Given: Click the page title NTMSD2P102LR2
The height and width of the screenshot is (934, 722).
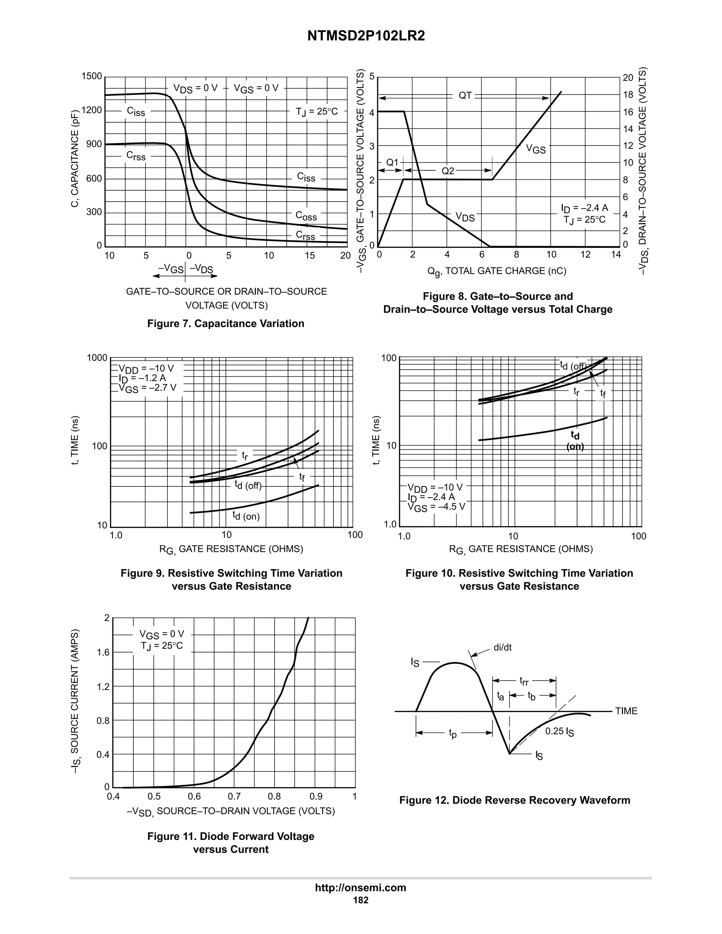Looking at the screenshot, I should click(x=366, y=36).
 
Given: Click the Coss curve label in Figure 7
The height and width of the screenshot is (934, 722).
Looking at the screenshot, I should click(x=306, y=216).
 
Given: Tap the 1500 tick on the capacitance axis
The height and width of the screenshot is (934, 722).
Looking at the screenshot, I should click(x=92, y=76).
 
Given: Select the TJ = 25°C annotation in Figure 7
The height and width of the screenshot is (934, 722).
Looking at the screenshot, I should click(x=317, y=112).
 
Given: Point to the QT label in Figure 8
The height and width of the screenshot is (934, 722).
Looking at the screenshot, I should click(x=465, y=96).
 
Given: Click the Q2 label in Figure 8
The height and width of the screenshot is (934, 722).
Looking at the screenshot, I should click(x=448, y=171).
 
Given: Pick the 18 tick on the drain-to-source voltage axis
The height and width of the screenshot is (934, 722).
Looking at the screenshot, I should click(x=628, y=95).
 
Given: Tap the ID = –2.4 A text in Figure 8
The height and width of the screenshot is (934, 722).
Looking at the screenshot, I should click(x=584, y=208).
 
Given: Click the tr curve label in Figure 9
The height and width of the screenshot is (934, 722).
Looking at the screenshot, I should click(x=245, y=455).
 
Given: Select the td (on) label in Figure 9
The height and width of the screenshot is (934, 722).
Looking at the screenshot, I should click(x=246, y=516).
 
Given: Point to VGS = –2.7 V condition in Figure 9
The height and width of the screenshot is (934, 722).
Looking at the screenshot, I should click(x=147, y=388).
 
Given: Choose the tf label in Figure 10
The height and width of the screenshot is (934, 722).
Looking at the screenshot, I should click(x=602, y=393).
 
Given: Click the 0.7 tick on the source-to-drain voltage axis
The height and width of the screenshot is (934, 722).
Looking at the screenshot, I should click(x=234, y=796).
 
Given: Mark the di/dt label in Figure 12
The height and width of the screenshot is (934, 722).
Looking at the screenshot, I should click(x=503, y=647).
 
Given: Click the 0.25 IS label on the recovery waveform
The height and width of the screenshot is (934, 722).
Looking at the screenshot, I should click(x=559, y=731).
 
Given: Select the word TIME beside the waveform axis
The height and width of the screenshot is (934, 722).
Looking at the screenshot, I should click(x=626, y=711).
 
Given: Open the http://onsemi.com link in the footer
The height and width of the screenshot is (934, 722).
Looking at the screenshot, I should click(x=361, y=887).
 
